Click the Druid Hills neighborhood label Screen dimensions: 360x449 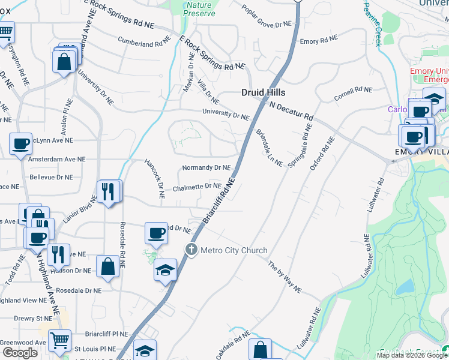pos(263,92)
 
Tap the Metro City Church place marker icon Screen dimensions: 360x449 pos(191,250)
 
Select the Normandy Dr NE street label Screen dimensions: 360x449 pos(206,167)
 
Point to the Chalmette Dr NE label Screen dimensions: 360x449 pos(196,187)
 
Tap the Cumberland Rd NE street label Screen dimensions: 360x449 pos(145,43)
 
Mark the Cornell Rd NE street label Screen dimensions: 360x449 pos(354,94)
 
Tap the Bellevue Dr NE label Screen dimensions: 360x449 pos(51,178)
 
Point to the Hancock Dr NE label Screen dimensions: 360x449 pos(154,179)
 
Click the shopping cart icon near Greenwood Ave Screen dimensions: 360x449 pos(59,340)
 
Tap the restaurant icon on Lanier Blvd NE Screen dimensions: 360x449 pos(108,191)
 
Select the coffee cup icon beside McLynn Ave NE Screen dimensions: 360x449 pos(21,144)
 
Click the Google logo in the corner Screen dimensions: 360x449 pos(20,353)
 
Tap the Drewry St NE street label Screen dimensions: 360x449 pos(33,319)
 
